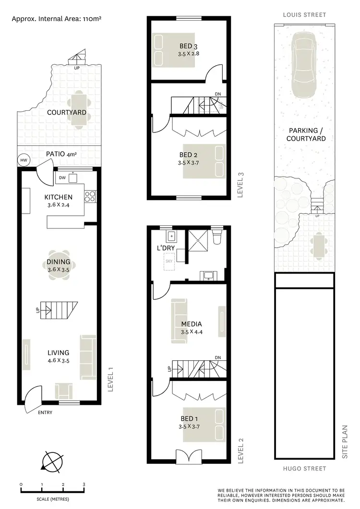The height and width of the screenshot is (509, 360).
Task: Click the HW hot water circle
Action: [x=23, y=160]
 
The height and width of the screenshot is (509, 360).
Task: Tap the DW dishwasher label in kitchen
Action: [x=62, y=178]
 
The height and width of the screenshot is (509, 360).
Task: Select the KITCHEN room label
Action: [x=59, y=197]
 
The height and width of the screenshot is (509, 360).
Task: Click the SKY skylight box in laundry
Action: [x=169, y=262]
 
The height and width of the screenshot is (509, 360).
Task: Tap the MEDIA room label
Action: [x=192, y=324]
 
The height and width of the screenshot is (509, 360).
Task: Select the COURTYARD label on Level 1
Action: [x=67, y=113]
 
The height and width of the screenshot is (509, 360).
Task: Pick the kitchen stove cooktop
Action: [x=90, y=196]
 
